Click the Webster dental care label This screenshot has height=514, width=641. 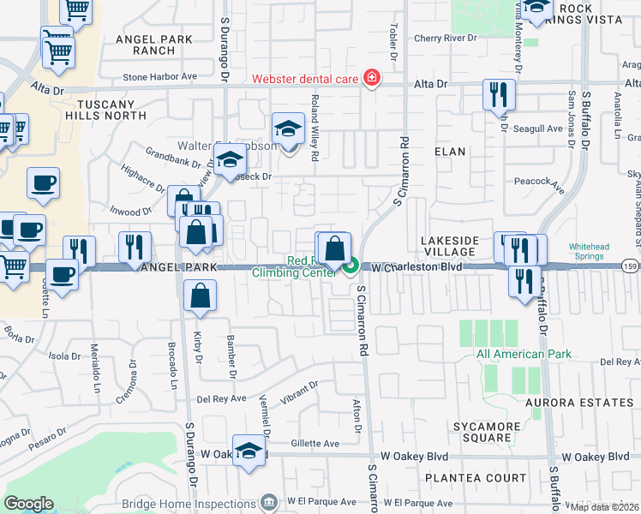306,80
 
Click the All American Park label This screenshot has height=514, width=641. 511,354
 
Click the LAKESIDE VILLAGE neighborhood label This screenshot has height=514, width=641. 450,245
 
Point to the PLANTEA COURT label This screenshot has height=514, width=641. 479,478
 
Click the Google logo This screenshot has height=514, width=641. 28,504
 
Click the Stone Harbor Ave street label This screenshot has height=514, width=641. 159,76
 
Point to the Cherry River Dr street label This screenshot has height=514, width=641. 444,39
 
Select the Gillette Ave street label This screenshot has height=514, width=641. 315,444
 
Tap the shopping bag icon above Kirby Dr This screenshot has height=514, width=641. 199,296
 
